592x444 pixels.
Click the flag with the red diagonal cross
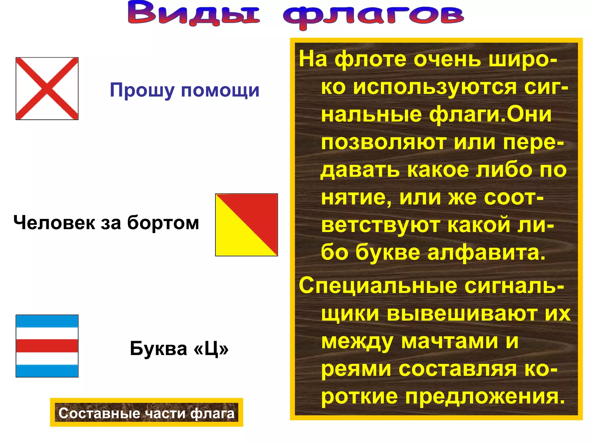47,88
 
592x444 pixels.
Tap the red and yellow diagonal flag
246,225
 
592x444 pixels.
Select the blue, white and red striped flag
47,346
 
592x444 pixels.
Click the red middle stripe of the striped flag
47,346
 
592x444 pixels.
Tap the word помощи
220,90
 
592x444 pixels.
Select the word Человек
54,223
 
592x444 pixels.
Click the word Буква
158,349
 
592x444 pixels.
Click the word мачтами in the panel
449,341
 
